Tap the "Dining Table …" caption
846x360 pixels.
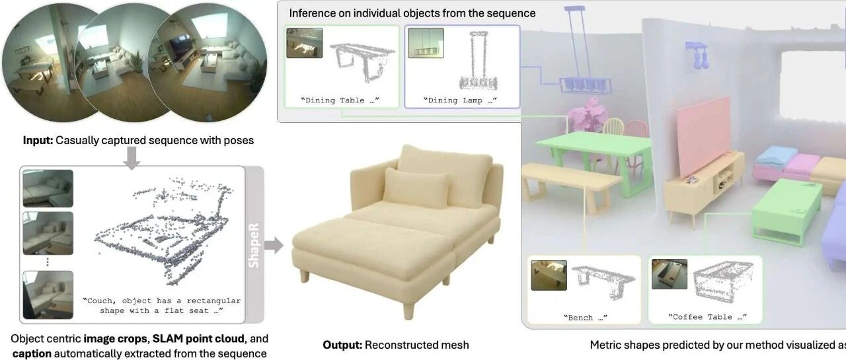[342, 100]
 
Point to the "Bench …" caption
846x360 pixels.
[584, 317]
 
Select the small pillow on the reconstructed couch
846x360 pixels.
[416, 186]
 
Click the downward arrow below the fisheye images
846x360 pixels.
[132, 157]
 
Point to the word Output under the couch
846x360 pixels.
[342, 344]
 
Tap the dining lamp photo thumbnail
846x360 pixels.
[425, 43]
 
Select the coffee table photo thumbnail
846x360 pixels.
[669, 274]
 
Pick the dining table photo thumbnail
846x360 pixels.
[304, 43]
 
